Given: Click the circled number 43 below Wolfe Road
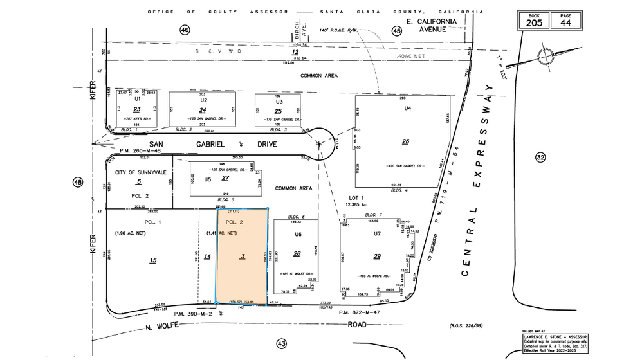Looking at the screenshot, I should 281,344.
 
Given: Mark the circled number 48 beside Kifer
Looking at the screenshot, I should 78,183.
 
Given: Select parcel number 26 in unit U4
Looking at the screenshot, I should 405,142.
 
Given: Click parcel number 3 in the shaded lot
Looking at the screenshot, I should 243,256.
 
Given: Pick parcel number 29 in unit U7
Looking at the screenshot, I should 377,256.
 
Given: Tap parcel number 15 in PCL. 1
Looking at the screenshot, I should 152,260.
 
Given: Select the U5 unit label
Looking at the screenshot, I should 208,179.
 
